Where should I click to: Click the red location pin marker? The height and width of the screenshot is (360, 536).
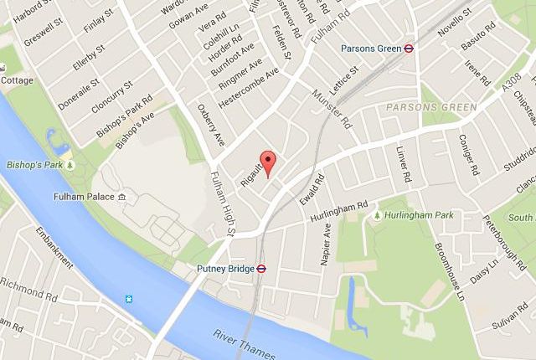pyautogui.click(x=268, y=162)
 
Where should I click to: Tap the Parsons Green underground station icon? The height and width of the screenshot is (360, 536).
pyautogui.click(x=408, y=49)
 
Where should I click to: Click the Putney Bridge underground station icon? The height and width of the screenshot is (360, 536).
pyautogui.click(x=261, y=270)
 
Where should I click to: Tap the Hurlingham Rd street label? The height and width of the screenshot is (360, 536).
pyautogui.click(x=339, y=205)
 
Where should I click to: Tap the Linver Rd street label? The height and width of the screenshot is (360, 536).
pyautogui.click(x=403, y=163)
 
